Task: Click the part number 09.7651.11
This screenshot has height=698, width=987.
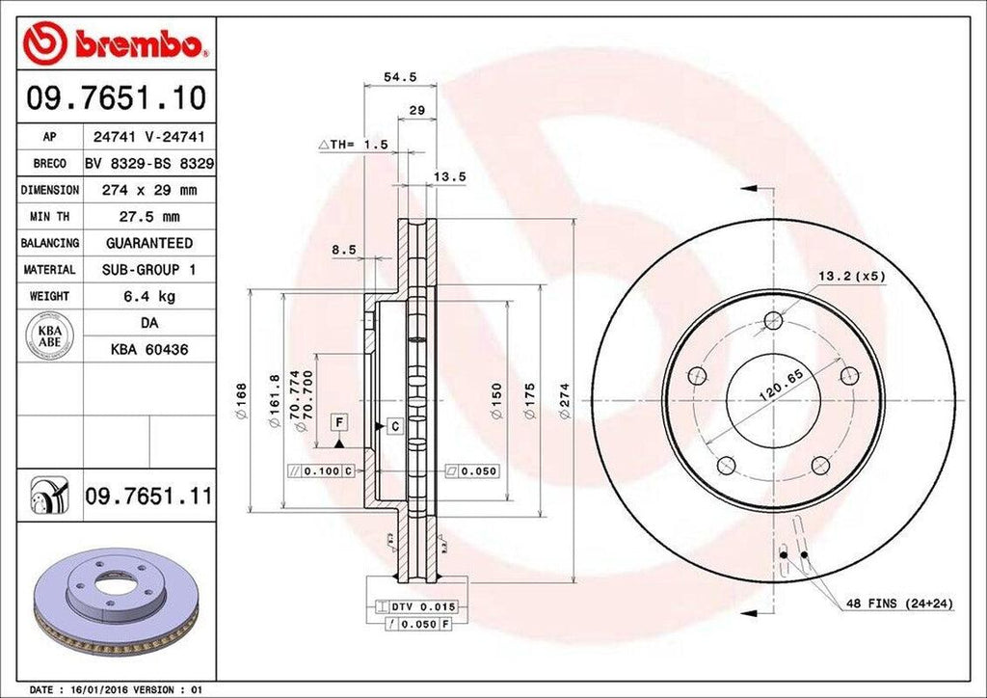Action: tap(147, 497)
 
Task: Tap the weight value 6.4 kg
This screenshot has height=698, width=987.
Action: tap(148, 296)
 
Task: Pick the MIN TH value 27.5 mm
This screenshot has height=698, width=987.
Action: tap(148, 217)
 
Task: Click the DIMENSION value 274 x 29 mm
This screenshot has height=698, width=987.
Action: tap(148, 190)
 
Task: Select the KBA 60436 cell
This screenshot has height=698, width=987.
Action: tap(148, 349)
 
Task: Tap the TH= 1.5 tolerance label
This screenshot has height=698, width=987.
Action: tap(354, 144)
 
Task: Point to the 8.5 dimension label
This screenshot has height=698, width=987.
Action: tap(344, 250)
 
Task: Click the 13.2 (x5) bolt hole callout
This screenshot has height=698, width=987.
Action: tap(851, 276)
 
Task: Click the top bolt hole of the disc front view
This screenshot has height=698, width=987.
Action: tap(773, 321)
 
